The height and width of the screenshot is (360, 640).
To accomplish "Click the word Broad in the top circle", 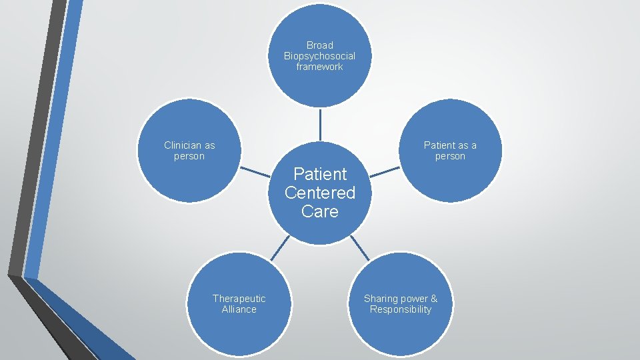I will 320,45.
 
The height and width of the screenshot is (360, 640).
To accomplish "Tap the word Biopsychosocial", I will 320,56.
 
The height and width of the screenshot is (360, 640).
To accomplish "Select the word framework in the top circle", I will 320,67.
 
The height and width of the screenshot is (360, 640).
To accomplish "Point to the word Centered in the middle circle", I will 320,193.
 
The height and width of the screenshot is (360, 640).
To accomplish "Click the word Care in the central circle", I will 320,211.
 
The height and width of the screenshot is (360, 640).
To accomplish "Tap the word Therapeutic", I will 239,299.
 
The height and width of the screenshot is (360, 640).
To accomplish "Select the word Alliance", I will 239,309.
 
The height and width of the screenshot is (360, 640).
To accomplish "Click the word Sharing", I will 381,299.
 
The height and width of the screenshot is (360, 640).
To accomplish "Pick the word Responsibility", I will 401,309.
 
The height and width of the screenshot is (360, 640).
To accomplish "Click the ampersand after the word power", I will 434,299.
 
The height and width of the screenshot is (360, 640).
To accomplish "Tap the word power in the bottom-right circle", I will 414,299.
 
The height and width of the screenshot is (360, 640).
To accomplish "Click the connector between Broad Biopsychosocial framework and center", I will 320,125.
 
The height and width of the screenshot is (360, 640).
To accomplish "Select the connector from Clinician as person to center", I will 255,172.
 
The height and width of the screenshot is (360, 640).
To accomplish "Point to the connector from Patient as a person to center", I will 385,172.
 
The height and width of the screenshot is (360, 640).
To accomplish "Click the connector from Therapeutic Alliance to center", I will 280,247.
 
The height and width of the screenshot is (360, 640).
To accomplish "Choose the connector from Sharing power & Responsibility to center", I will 359,247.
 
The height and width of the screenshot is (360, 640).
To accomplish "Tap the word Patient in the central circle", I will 320,174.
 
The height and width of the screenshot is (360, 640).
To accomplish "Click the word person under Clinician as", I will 189,156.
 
